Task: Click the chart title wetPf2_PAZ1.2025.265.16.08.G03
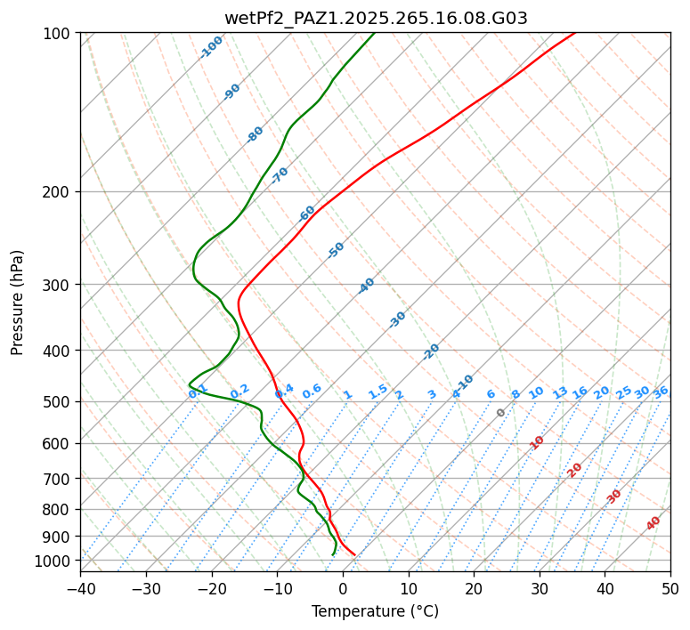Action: [376, 18]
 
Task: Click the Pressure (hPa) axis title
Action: [18, 303]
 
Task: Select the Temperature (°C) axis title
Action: [375, 612]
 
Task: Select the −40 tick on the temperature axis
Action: [80, 589]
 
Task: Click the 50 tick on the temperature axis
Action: [670, 589]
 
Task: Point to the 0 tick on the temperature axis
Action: [343, 589]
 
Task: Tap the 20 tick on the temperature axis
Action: [474, 589]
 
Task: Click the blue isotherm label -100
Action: [211, 47]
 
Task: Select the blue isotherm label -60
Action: [307, 214]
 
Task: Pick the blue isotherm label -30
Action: [397, 319]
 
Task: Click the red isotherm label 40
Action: [653, 523]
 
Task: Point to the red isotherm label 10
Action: [537, 442]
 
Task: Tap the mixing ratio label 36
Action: [661, 392]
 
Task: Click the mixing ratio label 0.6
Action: [312, 392]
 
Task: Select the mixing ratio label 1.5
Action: [377, 391]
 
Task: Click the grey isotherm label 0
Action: [501, 413]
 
